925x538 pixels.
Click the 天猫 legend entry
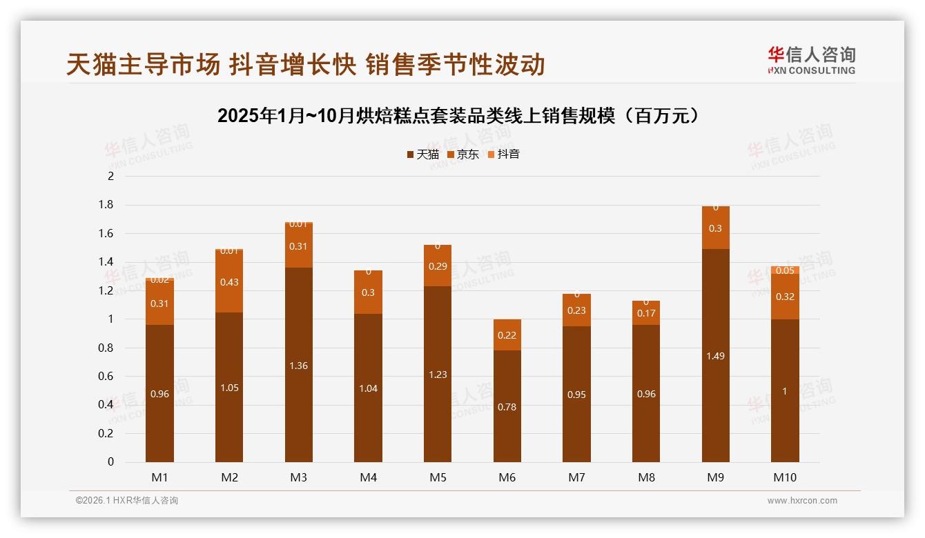422,155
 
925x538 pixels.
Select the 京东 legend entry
463,155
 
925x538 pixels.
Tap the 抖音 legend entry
503,155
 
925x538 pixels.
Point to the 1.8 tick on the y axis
106,205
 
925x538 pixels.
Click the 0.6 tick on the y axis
106,376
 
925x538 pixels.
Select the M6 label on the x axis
507,477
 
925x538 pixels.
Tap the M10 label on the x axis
785,477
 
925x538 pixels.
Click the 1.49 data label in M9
715,356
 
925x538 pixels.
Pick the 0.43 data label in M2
229,282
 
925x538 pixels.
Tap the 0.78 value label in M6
507,407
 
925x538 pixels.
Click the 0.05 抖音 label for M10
785,270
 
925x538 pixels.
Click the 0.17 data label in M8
646,314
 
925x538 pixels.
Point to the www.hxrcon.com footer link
802,501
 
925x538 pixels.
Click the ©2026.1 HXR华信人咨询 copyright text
127,501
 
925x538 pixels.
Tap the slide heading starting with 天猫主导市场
306,64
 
